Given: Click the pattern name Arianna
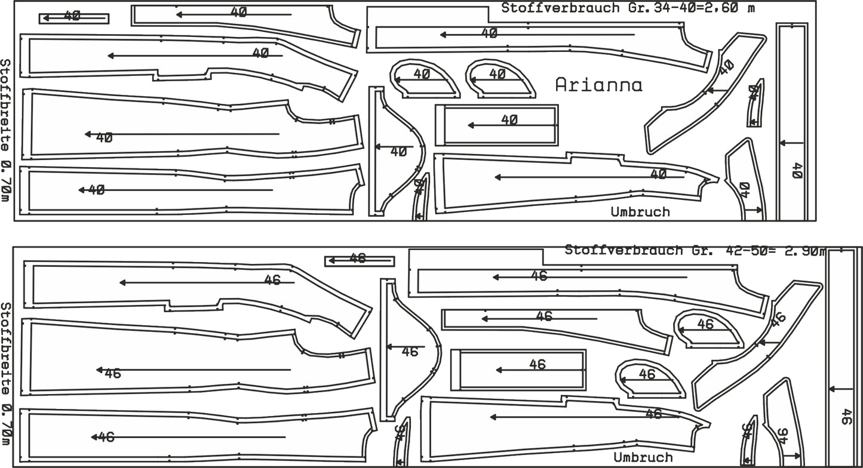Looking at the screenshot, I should (x=598, y=85).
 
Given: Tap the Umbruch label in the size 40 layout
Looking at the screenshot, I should (x=640, y=212).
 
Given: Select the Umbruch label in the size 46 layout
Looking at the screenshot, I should (x=643, y=458).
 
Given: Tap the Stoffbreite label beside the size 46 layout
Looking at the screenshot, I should (x=6, y=373).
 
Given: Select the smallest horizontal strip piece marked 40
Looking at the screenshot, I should (x=74, y=19).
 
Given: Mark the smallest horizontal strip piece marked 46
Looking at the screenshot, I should (x=360, y=261).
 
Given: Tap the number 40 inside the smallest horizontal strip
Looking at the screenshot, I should (x=72, y=16).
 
